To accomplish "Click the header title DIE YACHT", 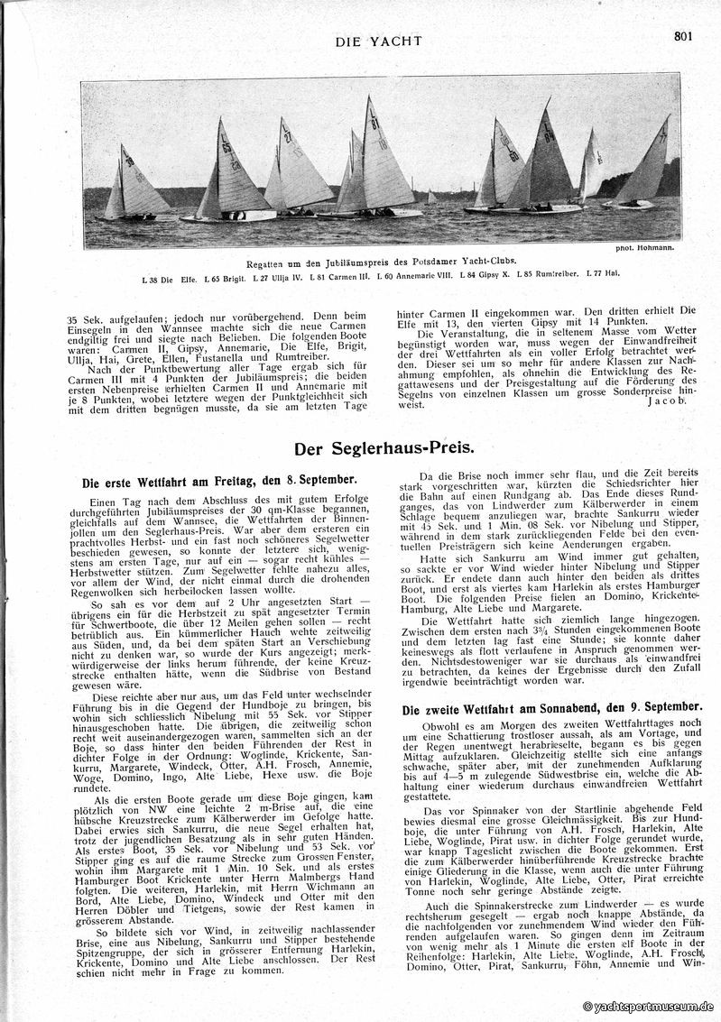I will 378,41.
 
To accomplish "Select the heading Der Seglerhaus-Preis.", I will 378,447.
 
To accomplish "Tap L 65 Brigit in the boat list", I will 217,274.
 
